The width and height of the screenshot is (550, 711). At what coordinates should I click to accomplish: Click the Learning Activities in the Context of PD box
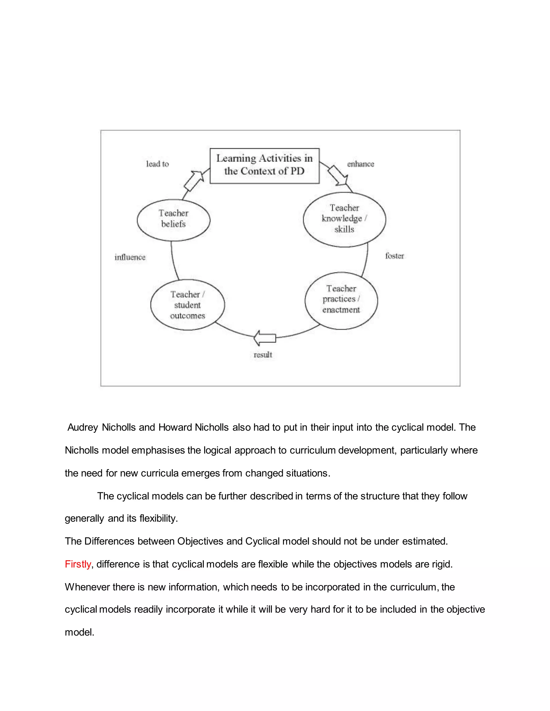[x=264, y=166]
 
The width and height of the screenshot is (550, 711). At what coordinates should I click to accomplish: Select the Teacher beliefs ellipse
[x=173, y=220]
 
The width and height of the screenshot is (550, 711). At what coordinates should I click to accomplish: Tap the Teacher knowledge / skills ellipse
[x=344, y=219]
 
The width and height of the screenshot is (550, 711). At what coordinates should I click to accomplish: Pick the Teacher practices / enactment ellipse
[x=341, y=300]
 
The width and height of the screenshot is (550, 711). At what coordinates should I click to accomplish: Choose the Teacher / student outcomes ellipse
[x=187, y=305]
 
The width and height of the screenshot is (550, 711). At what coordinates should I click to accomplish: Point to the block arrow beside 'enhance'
[x=338, y=175]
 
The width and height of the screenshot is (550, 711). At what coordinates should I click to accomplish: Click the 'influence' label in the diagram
[x=130, y=257]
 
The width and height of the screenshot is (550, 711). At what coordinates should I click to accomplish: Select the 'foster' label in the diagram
[x=394, y=256]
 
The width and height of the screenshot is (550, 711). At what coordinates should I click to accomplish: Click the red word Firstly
[x=78, y=564]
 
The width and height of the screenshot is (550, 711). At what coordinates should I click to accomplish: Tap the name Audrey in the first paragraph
[x=82, y=427]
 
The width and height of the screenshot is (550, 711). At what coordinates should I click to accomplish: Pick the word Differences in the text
[x=109, y=541]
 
